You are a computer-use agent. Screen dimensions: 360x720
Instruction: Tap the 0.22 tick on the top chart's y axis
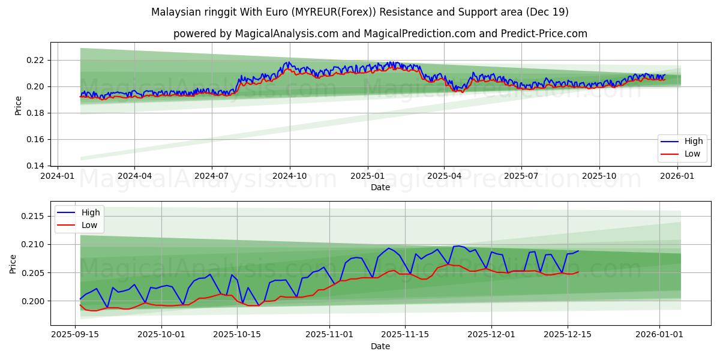pyautogui.click(x=36, y=60)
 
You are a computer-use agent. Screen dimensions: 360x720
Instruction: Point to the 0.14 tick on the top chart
pyautogui.click(x=36, y=166)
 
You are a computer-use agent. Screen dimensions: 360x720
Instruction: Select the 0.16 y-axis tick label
pyautogui.click(x=36, y=139)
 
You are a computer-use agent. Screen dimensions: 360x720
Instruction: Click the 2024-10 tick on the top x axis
pyautogui.click(x=290, y=176)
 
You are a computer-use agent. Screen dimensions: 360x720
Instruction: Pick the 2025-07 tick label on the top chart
pyautogui.click(x=521, y=176)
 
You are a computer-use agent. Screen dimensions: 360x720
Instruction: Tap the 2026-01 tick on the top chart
pyautogui.click(x=678, y=176)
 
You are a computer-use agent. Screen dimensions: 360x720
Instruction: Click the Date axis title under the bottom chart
pyautogui.click(x=380, y=346)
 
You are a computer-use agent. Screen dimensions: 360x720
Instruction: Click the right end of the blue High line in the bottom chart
pyautogui.click(x=578, y=251)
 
